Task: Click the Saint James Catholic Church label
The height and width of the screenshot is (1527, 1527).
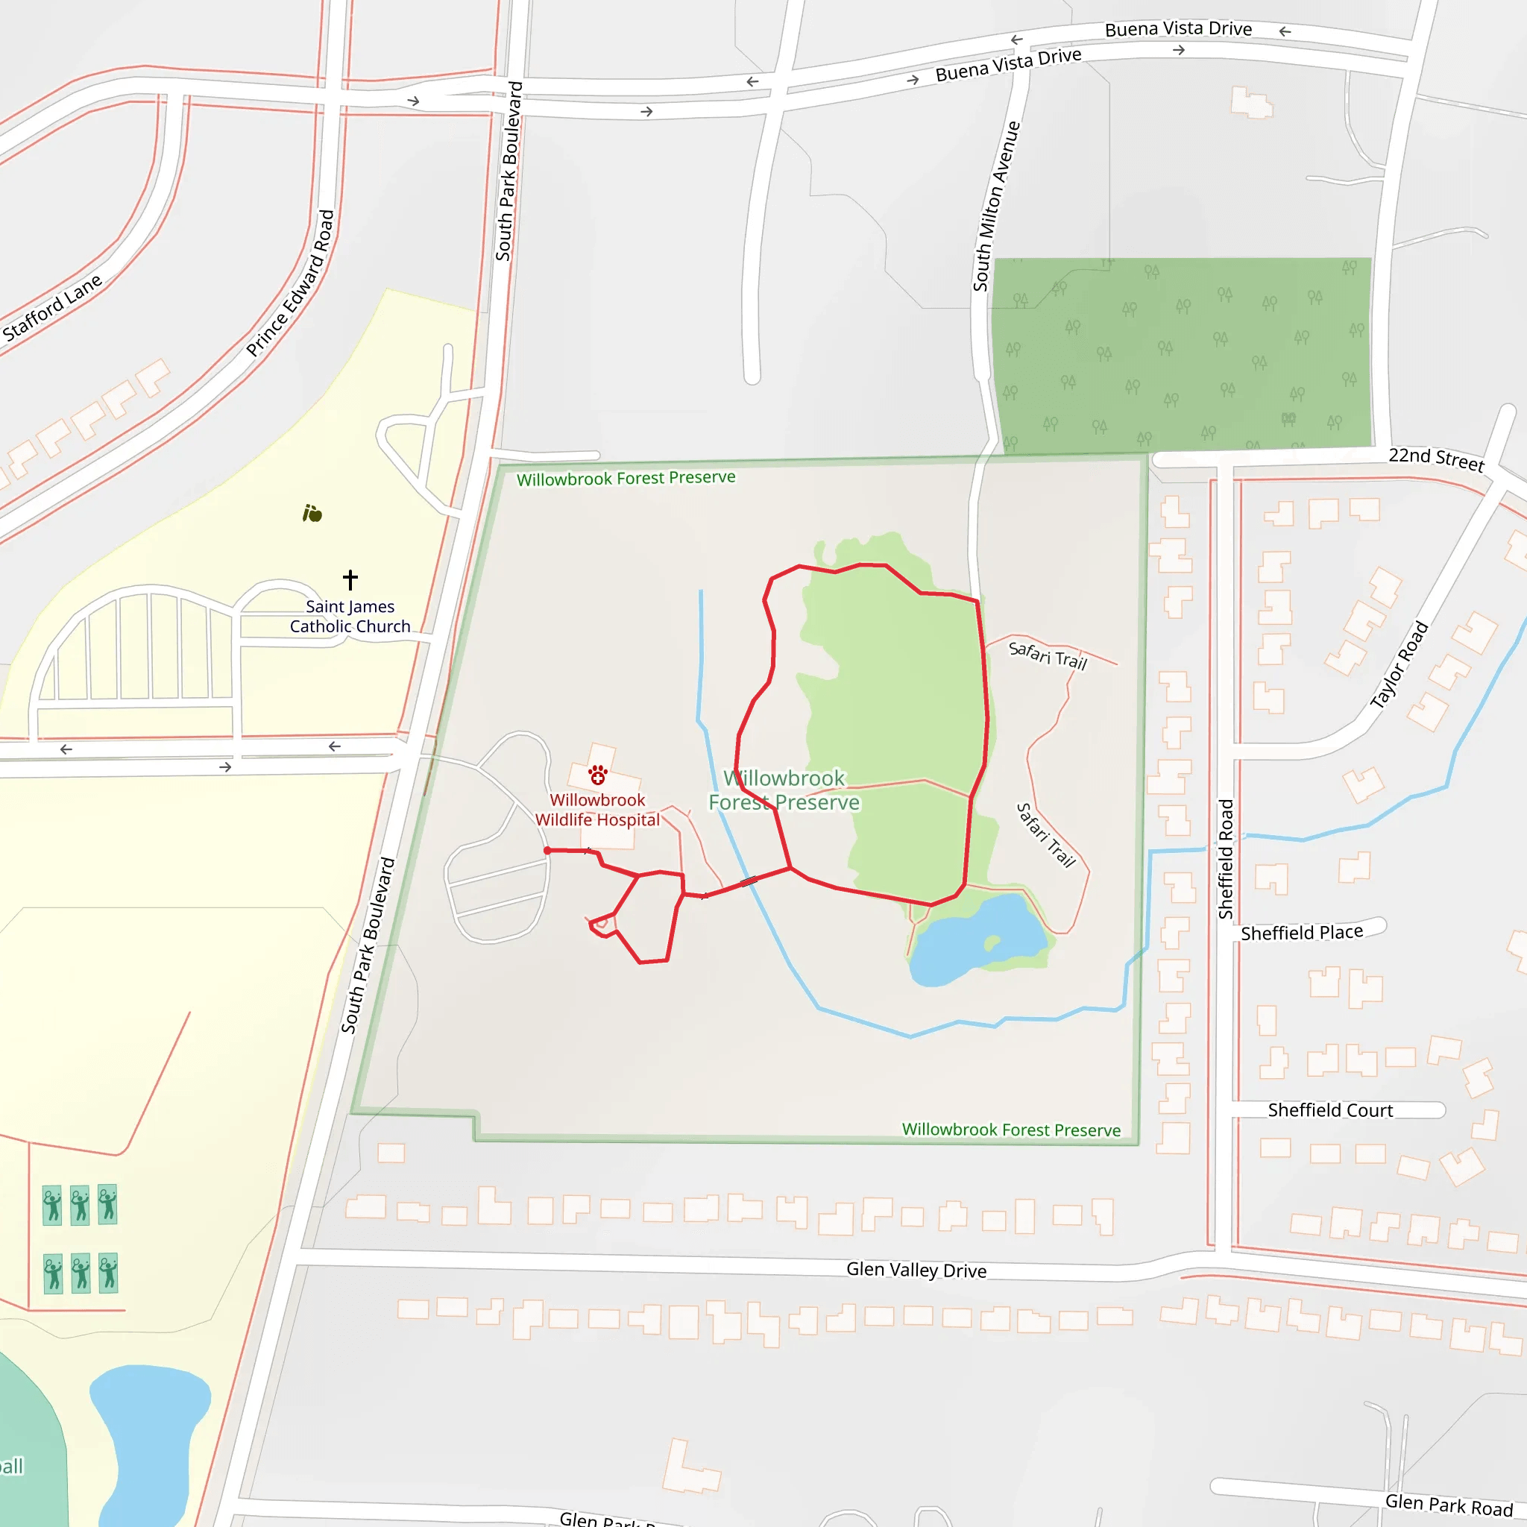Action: coord(350,617)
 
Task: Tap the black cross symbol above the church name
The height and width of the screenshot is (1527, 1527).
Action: coord(350,579)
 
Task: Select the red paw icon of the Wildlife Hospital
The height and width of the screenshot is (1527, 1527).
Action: coord(597,775)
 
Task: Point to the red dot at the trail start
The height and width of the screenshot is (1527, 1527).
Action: coord(548,851)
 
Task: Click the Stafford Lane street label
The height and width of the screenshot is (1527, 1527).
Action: coord(52,307)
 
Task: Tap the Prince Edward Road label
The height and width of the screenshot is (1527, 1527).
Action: coord(290,283)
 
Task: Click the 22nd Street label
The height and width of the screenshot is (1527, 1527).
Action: coord(1436,459)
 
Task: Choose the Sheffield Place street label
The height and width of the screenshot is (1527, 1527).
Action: coord(1302,933)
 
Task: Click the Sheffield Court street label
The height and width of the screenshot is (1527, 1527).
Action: coord(1330,1109)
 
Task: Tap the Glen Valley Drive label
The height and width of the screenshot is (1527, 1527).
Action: coord(916,1269)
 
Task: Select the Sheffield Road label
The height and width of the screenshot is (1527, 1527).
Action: coord(1226,858)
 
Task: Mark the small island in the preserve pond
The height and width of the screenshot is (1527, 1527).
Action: coord(992,942)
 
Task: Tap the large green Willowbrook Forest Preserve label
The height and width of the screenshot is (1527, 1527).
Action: coord(784,790)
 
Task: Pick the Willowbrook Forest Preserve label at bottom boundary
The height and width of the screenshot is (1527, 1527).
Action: coord(1011,1130)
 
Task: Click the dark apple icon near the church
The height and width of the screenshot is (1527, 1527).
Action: coord(312,514)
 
